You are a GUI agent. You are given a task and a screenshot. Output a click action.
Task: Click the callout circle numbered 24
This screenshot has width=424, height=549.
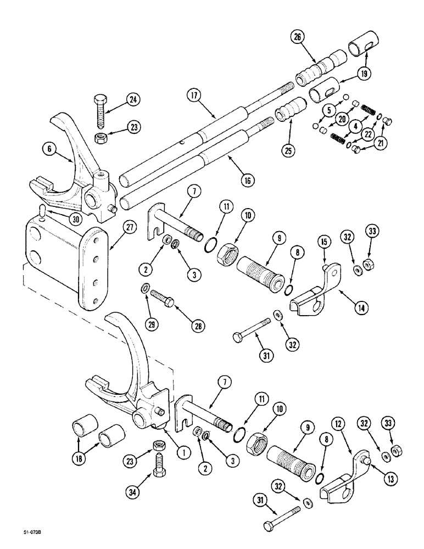coord(133,99)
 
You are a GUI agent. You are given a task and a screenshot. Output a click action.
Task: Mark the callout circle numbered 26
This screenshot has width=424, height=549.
coord(297,39)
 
